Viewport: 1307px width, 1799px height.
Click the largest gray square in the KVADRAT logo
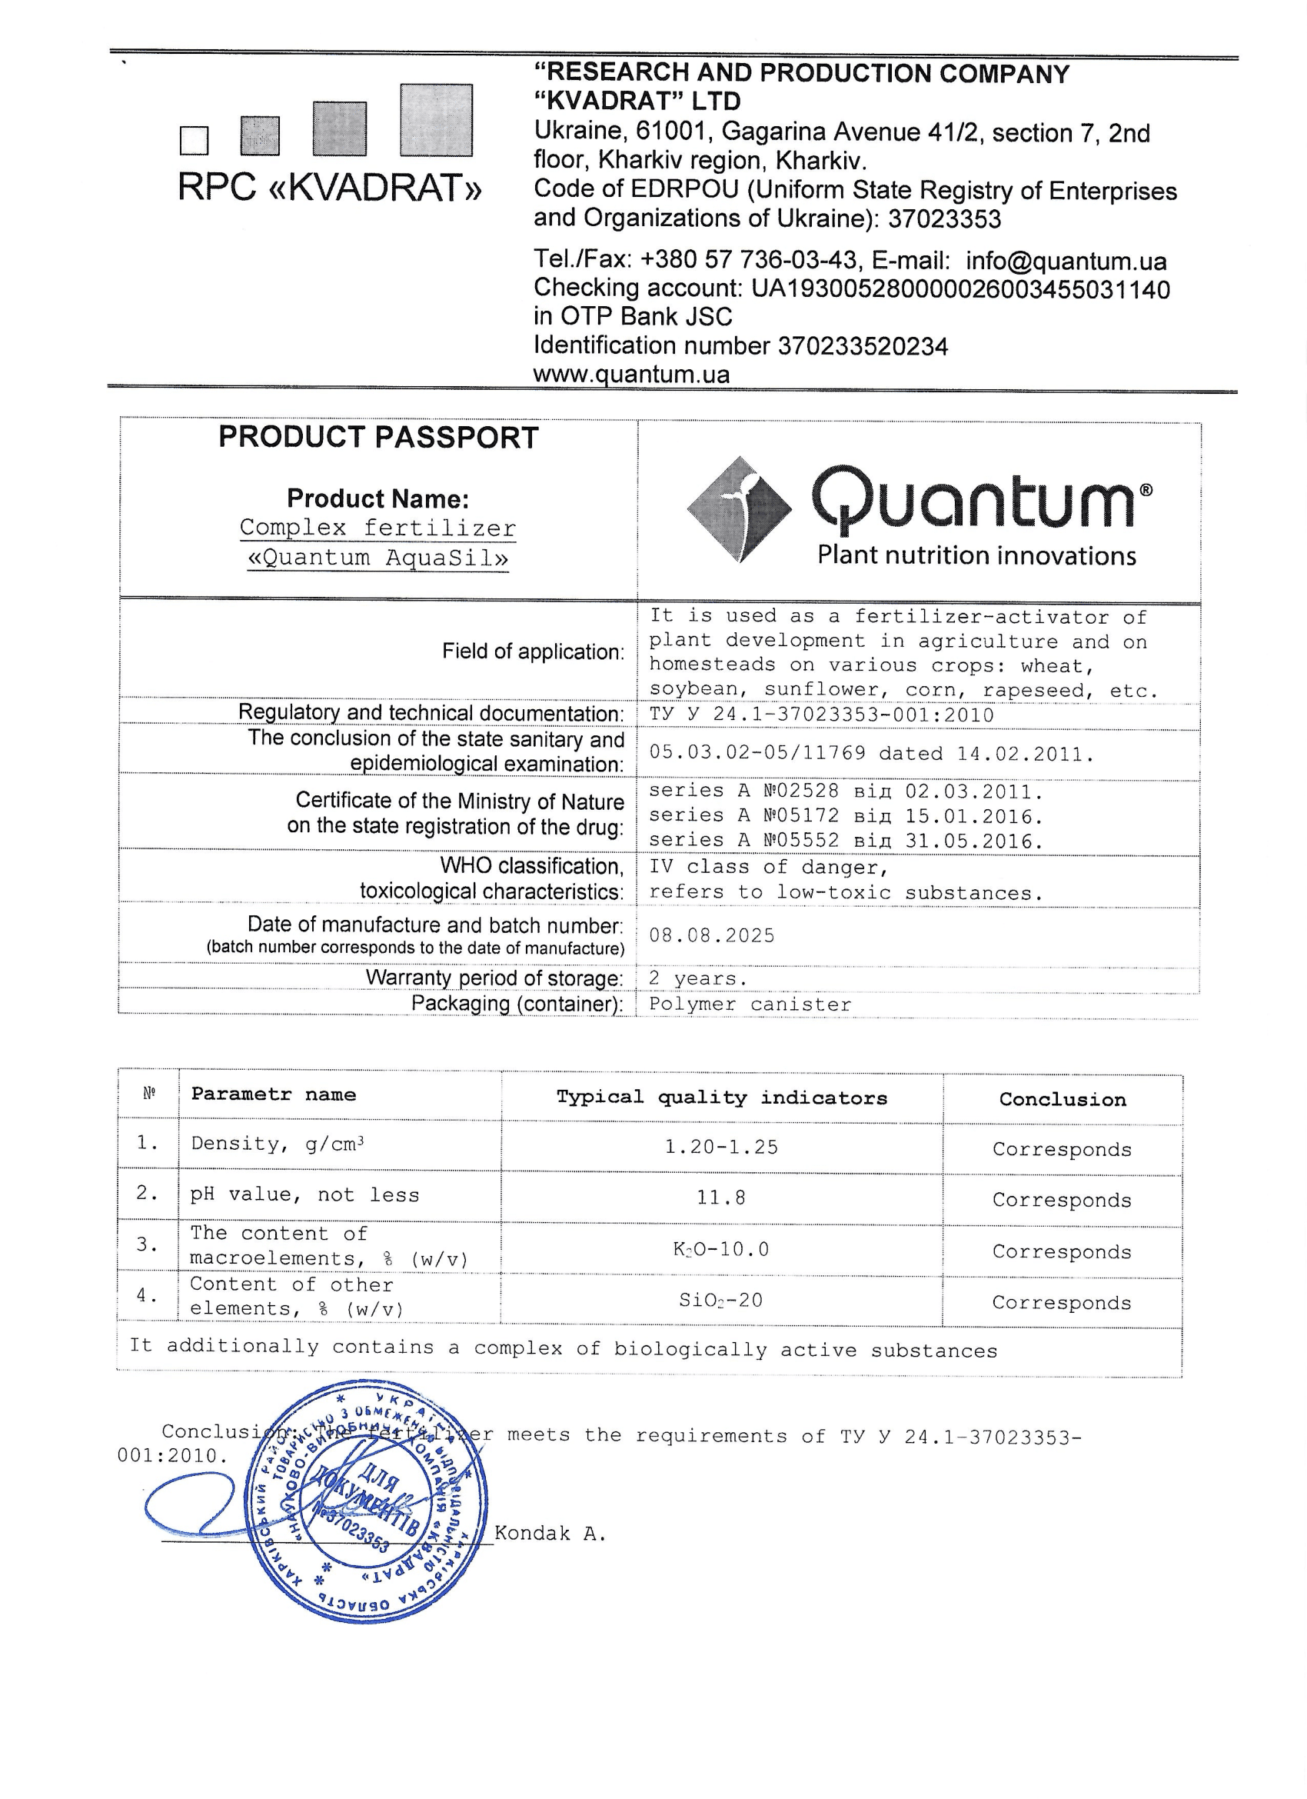[x=436, y=120]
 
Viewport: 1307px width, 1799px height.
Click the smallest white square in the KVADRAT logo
[x=195, y=141]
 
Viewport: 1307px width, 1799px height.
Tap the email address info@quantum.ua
[x=1066, y=261]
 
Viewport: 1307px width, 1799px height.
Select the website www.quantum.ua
[x=631, y=374]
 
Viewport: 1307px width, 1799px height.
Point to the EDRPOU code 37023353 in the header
[x=945, y=219]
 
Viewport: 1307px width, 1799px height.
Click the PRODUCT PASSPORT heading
[x=378, y=437]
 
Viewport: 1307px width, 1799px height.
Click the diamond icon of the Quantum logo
[x=739, y=509]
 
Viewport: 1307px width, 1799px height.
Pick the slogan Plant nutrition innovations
[x=976, y=555]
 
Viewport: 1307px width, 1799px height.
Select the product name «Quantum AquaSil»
[x=378, y=558]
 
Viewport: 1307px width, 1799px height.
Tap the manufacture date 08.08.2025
[x=711, y=935]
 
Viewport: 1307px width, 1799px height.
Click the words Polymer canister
[x=750, y=1004]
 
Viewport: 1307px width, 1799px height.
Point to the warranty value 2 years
[x=698, y=979]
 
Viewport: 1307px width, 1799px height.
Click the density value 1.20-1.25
[x=721, y=1147]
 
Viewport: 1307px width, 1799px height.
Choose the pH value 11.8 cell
[x=721, y=1198]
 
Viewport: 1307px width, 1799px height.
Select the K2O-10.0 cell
[x=721, y=1249]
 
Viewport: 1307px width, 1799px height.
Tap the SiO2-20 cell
[x=721, y=1300]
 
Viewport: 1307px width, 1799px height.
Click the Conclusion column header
[x=1062, y=1099]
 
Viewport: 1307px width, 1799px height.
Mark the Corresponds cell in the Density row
[x=1062, y=1149]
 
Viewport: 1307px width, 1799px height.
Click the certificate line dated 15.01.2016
[x=846, y=816]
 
